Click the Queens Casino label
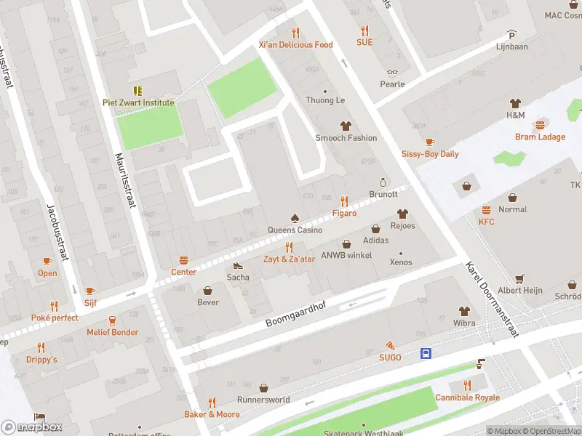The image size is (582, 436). pyautogui.click(x=294, y=230)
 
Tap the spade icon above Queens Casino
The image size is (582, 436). pyautogui.click(x=294, y=218)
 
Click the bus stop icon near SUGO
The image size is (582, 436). pyautogui.click(x=426, y=354)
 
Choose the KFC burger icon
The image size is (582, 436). pyautogui.click(x=486, y=209)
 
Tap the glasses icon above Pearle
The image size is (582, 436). pyautogui.click(x=392, y=72)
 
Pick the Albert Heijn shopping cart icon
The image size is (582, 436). pyautogui.click(x=519, y=278)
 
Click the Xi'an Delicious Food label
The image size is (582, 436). pyautogui.click(x=295, y=44)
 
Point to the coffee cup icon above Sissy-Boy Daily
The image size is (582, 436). pyautogui.click(x=430, y=142)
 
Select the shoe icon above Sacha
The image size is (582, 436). pyautogui.click(x=238, y=265)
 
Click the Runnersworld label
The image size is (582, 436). pyautogui.click(x=263, y=400)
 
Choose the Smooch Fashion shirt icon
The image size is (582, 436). pyautogui.click(x=346, y=126)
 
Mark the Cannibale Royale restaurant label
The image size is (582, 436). pyautogui.click(x=467, y=397)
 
